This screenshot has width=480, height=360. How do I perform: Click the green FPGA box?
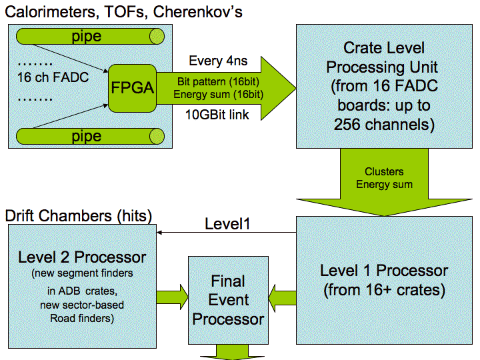[132, 88]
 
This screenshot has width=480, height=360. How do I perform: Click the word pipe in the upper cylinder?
[86, 37]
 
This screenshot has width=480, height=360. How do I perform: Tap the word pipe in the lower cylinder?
[86, 136]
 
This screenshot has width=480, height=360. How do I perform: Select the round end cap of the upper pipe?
[157, 37]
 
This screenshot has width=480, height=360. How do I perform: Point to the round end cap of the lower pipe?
[157, 136]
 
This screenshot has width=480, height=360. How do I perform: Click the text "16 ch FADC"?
[53, 77]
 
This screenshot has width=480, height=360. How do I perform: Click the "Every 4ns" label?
[218, 61]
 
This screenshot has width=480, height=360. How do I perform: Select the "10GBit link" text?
[217, 115]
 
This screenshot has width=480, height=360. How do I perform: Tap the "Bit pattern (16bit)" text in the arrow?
[218, 82]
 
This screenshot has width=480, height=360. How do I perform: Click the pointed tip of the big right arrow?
[295, 89]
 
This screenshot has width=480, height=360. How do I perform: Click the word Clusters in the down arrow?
[384, 171]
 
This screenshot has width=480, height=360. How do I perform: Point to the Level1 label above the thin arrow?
[227, 224]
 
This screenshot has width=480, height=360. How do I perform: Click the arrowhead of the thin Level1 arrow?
[159, 233]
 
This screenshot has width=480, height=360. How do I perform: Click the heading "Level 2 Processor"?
[82, 257]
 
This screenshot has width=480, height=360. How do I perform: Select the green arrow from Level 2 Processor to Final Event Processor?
[172, 297]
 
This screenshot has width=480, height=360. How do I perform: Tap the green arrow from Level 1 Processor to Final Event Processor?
[282, 298]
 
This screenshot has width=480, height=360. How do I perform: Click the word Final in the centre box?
[228, 281]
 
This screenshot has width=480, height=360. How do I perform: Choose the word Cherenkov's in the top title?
[197, 12]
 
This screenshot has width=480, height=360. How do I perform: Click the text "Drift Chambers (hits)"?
[79, 216]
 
